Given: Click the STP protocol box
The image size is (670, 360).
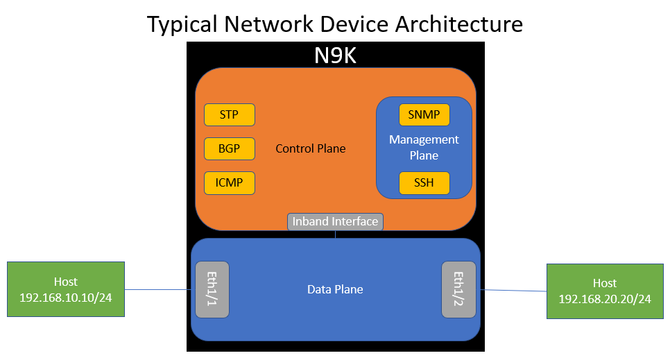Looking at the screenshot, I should click(x=229, y=114).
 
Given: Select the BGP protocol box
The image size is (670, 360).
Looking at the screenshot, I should click(x=229, y=148).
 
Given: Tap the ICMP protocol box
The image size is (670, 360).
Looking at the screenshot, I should click(x=229, y=183).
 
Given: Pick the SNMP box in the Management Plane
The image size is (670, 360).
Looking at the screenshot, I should click(x=424, y=114).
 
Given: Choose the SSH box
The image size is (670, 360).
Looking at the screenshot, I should click(x=424, y=183).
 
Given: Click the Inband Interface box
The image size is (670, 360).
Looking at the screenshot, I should click(x=335, y=221).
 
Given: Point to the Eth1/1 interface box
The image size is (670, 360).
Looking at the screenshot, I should click(x=212, y=289).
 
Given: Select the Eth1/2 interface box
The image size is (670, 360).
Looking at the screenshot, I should click(x=458, y=289).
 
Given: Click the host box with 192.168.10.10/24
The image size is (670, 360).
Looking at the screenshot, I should click(x=66, y=289).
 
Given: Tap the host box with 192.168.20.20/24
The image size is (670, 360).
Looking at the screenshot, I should click(x=605, y=291).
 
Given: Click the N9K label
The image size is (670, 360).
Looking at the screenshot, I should click(x=335, y=55).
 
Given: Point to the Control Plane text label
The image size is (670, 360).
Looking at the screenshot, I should click(x=311, y=148).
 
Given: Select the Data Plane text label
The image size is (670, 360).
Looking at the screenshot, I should click(x=335, y=289).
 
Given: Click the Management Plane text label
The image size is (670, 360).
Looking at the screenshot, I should click(x=424, y=147).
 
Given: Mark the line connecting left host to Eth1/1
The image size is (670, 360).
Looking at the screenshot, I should click(x=160, y=289).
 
